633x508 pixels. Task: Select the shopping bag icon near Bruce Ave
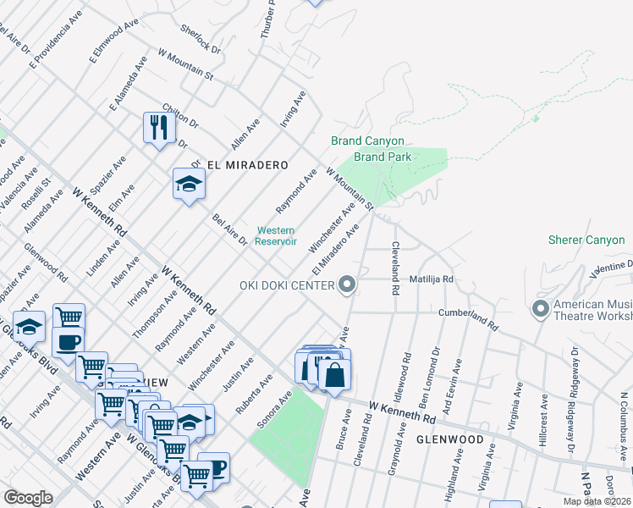point(334,374)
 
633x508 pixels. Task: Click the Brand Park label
point(383,157)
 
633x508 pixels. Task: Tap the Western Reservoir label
point(277,235)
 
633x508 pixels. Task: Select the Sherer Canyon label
point(586,240)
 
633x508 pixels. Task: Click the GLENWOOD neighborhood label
point(449,440)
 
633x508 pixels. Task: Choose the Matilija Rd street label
point(432,279)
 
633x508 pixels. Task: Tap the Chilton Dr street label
point(179,115)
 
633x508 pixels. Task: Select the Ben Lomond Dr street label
point(436,363)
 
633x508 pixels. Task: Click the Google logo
point(28,498)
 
